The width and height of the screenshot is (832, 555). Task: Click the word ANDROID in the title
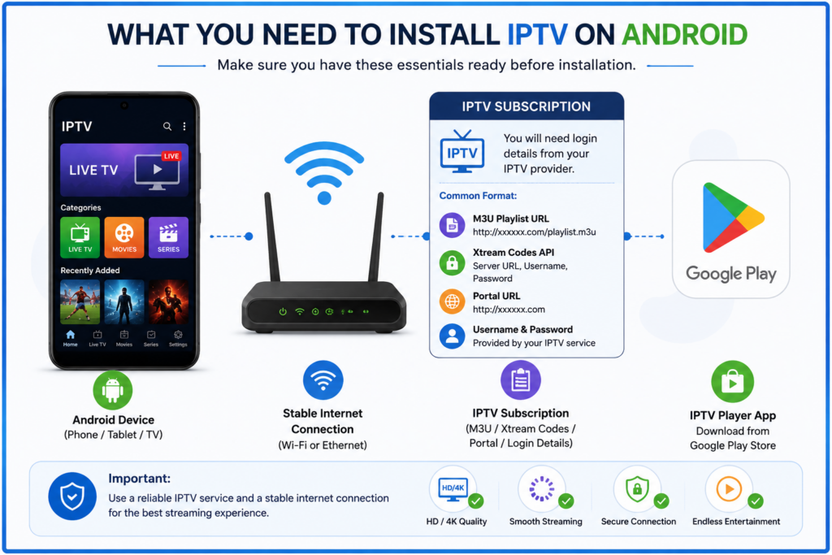point(684,35)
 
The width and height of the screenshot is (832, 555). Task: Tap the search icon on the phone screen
point(167,126)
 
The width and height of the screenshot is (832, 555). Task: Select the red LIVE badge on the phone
point(171,156)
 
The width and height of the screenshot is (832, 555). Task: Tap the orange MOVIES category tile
point(124,237)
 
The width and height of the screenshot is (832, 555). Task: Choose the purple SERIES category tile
point(168,237)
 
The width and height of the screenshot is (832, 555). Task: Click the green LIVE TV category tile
point(80,237)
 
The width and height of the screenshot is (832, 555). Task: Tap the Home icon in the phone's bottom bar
point(70,335)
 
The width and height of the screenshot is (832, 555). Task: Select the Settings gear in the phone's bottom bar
point(178,335)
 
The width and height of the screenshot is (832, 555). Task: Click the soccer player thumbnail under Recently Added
point(80,301)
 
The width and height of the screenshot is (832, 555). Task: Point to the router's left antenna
point(272,237)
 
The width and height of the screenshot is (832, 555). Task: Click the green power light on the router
point(283,311)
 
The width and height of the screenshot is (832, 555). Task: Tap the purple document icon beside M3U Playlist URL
point(452,225)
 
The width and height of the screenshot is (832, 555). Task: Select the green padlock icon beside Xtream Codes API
point(452,262)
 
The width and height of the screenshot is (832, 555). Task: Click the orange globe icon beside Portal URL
point(452,301)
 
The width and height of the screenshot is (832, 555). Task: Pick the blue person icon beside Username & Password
point(452,336)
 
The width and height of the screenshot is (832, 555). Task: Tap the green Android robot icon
point(112,390)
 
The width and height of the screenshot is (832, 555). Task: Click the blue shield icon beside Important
point(72,496)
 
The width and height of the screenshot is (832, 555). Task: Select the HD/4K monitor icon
point(453,488)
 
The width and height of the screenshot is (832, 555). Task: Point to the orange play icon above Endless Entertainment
point(729,488)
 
